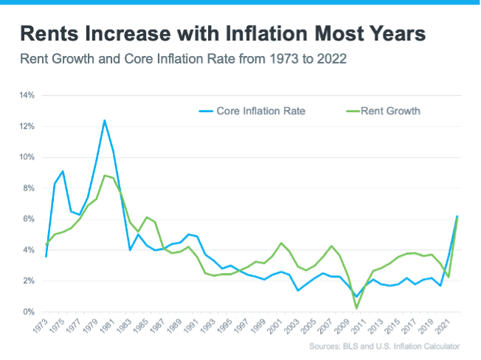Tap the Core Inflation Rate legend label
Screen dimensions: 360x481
260,111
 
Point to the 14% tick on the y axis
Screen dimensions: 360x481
27,96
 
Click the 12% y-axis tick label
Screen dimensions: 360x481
27,127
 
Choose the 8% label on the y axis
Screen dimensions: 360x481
30,188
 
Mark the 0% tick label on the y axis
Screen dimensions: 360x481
30,312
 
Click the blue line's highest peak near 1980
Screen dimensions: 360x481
105,120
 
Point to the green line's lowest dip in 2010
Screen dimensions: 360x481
356,308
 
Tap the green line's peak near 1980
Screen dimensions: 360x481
105,176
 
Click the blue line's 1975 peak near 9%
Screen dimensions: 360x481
63,171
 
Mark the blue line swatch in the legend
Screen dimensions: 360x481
205,111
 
